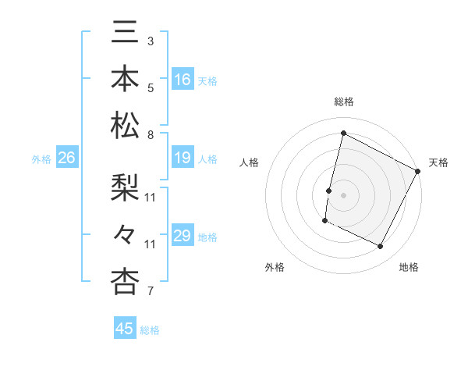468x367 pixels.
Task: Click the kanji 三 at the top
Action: tap(125, 33)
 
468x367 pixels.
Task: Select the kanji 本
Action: tap(125, 80)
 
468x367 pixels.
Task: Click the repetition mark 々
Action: tap(125, 234)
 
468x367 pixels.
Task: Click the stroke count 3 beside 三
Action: tap(151, 41)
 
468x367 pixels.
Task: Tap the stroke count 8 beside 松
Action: tap(151, 135)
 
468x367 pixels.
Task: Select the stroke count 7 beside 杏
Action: tap(151, 292)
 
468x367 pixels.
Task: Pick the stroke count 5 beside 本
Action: tap(151, 87)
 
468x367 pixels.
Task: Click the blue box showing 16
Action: tap(183, 80)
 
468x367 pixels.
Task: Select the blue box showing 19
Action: tap(183, 159)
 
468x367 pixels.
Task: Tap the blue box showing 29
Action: tap(183, 237)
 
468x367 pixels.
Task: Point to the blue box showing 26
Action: tap(66, 159)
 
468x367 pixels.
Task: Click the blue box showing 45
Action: tap(125, 329)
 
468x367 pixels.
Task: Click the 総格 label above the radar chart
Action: tap(344, 102)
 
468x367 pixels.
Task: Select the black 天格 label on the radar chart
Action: tap(439, 162)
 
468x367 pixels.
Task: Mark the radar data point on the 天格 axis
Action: tap(418, 171)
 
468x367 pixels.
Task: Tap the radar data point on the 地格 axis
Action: tap(381, 247)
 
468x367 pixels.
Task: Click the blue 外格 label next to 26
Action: tap(41, 159)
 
